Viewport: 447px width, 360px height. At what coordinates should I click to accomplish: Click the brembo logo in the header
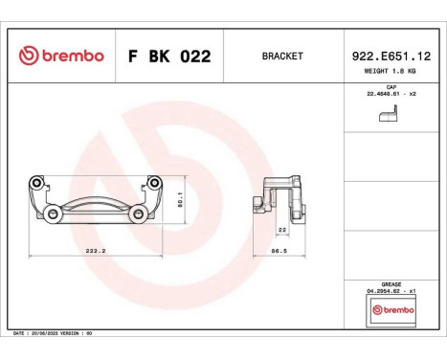(60, 56)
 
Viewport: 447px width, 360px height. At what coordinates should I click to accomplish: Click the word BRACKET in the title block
(281, 56)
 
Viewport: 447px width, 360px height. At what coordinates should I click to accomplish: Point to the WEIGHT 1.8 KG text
(390, 72)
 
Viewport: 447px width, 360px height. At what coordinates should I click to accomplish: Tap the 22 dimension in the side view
(282, 229)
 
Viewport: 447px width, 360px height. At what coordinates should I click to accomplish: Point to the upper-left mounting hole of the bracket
(36, 183)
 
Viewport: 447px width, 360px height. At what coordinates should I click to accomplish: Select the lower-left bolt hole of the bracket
(46, 214)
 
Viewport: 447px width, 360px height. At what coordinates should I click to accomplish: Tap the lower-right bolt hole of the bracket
(141, 214)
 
